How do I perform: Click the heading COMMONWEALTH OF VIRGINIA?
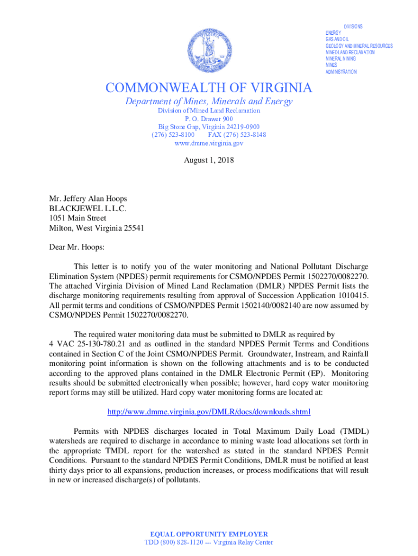(x=209, y=88)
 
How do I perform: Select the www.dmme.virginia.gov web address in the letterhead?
(x=209, y=143)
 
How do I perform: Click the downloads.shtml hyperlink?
(x=209, y=411)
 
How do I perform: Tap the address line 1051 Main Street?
(x=78, y=218)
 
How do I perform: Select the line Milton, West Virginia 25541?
(x=97, y=228)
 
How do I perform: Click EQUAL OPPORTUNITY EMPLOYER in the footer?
(x=209, y=534)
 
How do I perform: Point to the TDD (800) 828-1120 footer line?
(x=209, y=542)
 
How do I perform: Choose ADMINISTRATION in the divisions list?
(x=341, y=72)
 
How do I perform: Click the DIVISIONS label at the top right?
(x=353, y=27)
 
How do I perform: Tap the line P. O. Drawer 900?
(x=209, y=118)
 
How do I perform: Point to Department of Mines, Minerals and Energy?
(x=209, y=102)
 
